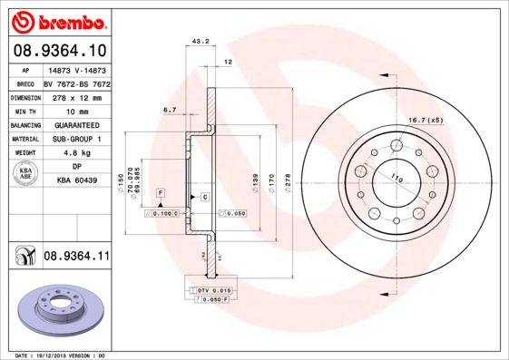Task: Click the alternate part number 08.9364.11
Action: pos(76,258)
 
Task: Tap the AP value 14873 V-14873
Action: pos(76,70)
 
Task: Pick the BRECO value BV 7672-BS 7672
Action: pos(76,83)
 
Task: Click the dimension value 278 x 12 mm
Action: pos(76,97)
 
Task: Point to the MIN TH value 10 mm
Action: pos(76,112)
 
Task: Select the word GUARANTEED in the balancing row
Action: pos(76,125)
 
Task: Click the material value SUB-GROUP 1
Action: pos(76,139)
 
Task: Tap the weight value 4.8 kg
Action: pos(76,153)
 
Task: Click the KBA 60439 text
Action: pos(76,181)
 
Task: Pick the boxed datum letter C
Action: pos(205,197)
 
